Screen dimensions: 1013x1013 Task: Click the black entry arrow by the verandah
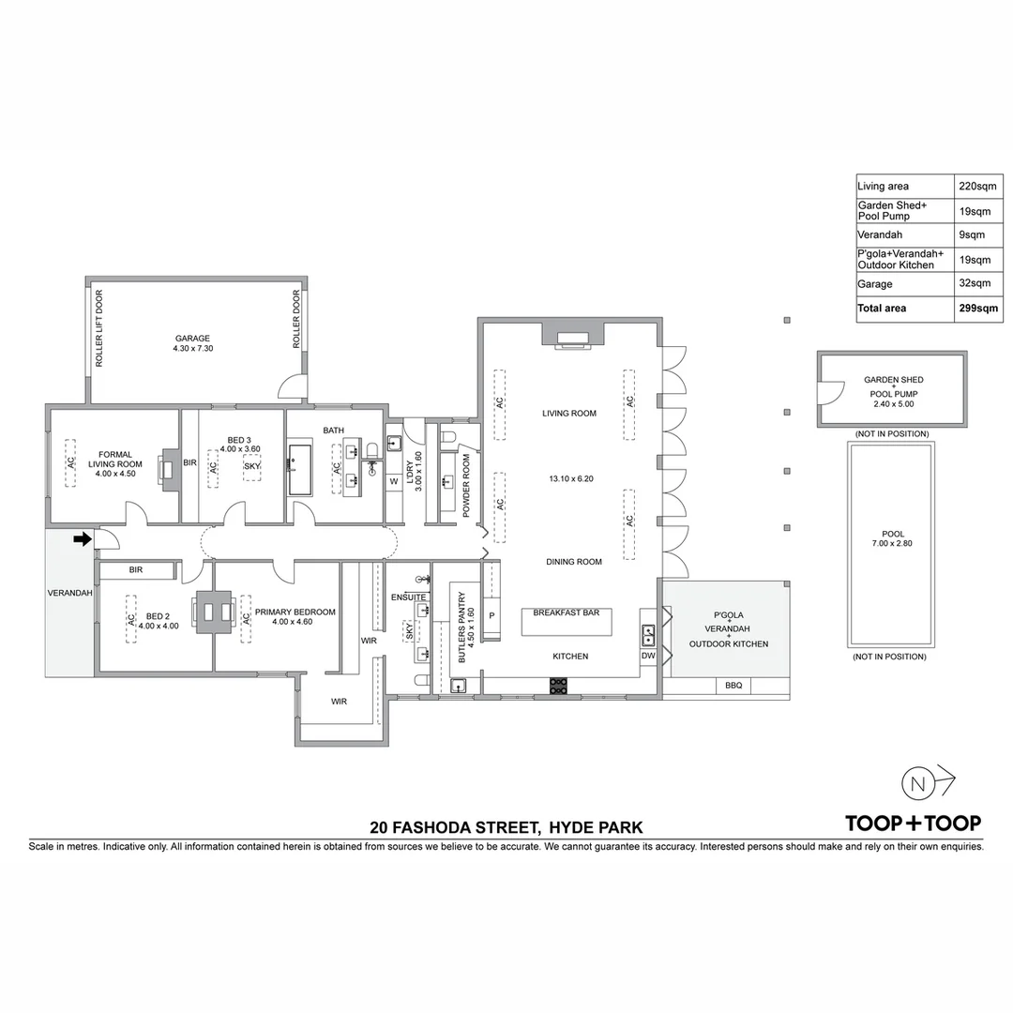pos(83,538)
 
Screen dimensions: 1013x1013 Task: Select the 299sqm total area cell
pos(978,308)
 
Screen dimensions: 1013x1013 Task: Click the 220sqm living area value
pos(975,186)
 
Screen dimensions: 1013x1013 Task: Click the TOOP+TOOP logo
pos(913,824)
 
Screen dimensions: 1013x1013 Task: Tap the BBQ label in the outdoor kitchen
pos(733,686)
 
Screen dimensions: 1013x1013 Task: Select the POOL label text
pos(892,534)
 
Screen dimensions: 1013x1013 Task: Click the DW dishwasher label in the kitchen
pos(648,657)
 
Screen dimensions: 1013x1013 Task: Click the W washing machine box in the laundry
pos(394,481)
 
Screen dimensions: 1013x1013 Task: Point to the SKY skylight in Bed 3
pos(251,466)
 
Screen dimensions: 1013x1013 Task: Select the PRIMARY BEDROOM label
pos(295,612)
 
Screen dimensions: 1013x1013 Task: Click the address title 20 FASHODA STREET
pos(455,827)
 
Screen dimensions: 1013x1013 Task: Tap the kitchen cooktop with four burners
pos(558,686)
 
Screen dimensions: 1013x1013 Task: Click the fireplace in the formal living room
pos(168,470)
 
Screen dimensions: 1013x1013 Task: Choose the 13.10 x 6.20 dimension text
pos(571,478)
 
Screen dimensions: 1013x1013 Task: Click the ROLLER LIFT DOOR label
pos(98,328)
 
